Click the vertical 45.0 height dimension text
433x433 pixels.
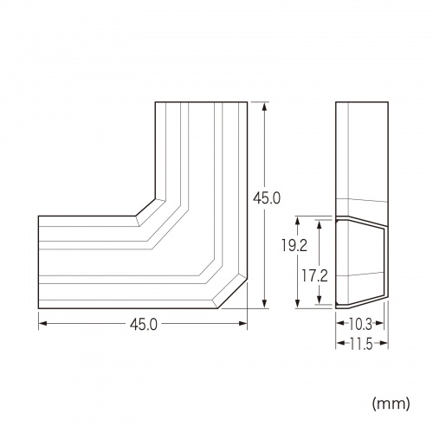tap(267, 198)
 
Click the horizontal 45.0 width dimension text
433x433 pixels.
tap(142, 325)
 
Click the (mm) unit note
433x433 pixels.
tap(391, 403)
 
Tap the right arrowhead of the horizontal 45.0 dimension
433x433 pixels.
tap(243, 325)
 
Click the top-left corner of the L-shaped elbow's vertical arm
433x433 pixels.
tap(156, 103)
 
